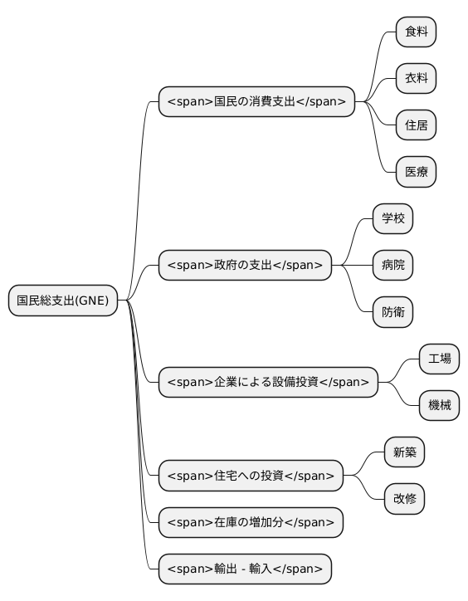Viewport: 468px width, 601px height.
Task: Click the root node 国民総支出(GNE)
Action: point(63,300)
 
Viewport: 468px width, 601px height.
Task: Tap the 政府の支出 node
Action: point(245,266)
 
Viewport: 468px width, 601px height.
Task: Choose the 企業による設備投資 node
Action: point(268,383)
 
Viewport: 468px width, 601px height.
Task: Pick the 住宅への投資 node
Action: point(251,476)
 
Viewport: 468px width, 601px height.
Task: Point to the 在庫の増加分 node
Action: point(251,522)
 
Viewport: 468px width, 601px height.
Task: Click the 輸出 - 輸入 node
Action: point(245,569)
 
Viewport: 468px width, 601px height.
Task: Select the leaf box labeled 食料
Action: point(416,32)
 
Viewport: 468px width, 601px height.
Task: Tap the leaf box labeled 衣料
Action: point(416,79)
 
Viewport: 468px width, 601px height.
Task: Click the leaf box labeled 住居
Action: point(416,125)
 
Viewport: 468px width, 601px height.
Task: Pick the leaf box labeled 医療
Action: point(416,172)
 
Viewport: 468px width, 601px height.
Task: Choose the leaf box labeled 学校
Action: point(392,219)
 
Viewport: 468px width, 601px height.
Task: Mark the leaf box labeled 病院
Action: point(392,266)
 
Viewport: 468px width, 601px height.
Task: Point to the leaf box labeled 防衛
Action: point(392,312)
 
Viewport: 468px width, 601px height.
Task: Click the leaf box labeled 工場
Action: point(439,359)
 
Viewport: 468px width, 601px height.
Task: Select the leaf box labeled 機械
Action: point(439,406)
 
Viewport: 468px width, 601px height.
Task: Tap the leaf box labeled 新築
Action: point(404,452)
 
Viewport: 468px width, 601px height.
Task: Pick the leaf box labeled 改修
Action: point(404,499)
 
